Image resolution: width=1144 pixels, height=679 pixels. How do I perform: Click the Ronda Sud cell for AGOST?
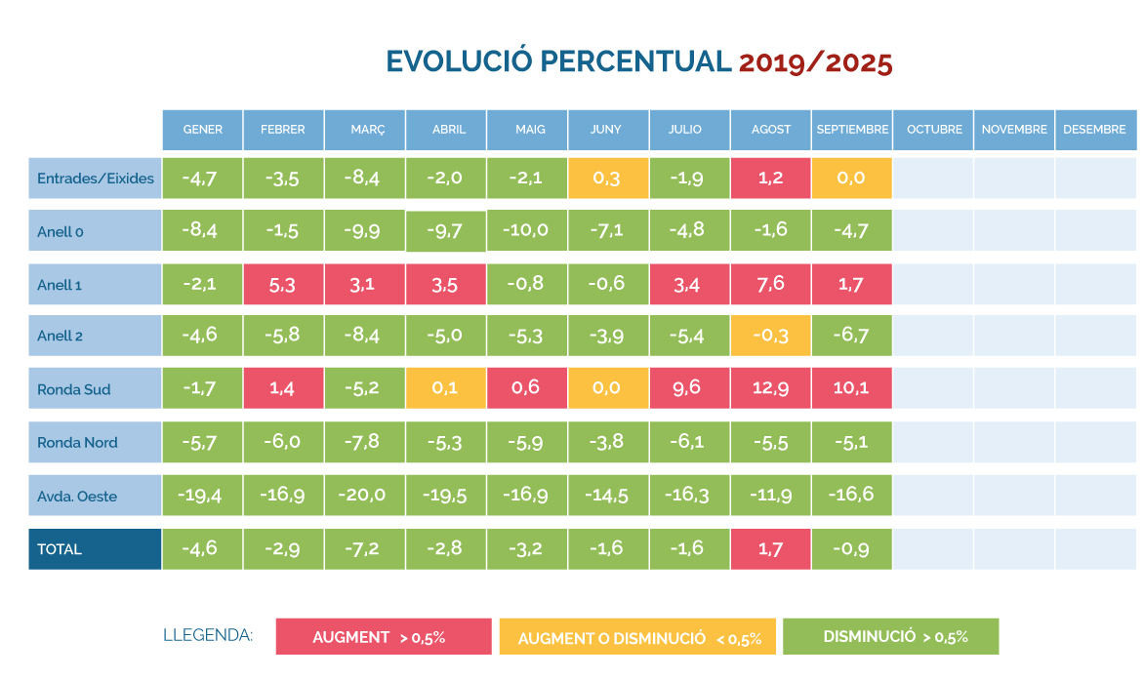click(x=770, y=388)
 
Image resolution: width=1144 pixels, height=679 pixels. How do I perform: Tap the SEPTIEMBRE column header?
click(x=852, y=130)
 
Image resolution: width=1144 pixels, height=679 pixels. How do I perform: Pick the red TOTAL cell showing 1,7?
click(x=770, y=548)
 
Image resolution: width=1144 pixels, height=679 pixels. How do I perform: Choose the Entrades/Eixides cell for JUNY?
click(x=608, y=178)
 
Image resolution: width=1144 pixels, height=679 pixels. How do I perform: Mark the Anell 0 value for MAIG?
click(x=526, y=230)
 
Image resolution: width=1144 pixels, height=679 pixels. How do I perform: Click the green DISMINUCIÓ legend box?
click(x=890, y=637)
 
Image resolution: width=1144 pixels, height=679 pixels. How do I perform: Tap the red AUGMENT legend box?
click(x=384, y=637)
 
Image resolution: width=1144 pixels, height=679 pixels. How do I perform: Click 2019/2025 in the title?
click(x=815, y=61)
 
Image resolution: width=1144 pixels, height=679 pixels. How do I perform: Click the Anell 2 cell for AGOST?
click(x=770, y=336)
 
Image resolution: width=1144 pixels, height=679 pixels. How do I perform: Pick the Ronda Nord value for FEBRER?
click(x=283, y=442)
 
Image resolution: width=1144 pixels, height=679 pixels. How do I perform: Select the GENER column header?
click(x=202, y=130)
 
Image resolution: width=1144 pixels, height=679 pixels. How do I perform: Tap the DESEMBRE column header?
click(x=1094, y=130)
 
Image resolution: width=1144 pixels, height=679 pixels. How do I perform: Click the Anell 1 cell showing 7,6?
click(x=770, y=284)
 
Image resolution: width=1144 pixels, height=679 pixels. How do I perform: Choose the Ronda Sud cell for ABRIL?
click(x=445, y=388)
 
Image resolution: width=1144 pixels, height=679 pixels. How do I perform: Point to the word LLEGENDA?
click(x=208, y=636)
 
